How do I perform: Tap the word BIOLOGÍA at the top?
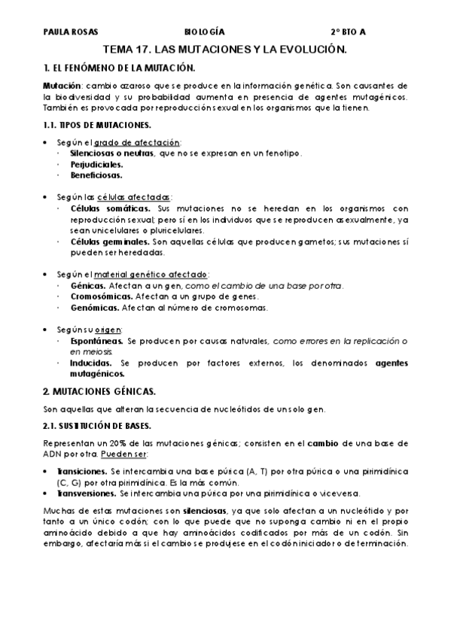click(204, 33)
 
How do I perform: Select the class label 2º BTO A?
click(348, 33)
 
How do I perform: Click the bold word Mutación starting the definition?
click(62, 86)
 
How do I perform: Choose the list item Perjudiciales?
click(96, 164)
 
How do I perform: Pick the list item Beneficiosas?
click(96, 175)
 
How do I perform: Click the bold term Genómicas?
click(94, 307)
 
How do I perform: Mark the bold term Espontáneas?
click(97, 341)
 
